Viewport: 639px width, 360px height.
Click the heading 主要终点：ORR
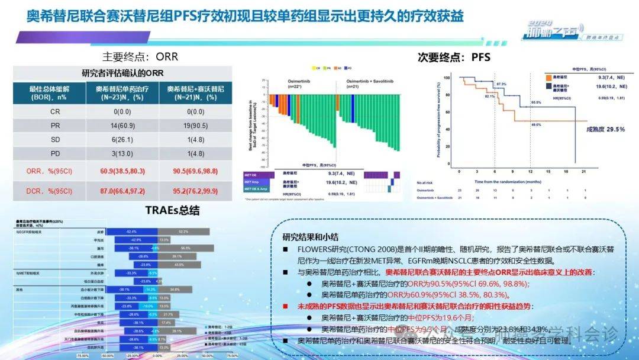(140, 57)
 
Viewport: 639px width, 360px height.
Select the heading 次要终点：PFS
(454, 57)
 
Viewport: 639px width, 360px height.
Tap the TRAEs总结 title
(172, 210)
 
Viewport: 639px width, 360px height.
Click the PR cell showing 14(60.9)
(123, 126)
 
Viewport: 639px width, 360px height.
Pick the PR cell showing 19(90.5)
(195, 126)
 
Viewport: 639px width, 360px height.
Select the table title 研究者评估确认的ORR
(122, 73)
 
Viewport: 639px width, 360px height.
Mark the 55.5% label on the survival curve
(535, 102)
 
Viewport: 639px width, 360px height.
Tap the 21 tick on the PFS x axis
(584, 171)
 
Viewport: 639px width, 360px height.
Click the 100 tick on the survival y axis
(447, 77)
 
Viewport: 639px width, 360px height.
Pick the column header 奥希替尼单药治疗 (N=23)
(123, 92)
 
